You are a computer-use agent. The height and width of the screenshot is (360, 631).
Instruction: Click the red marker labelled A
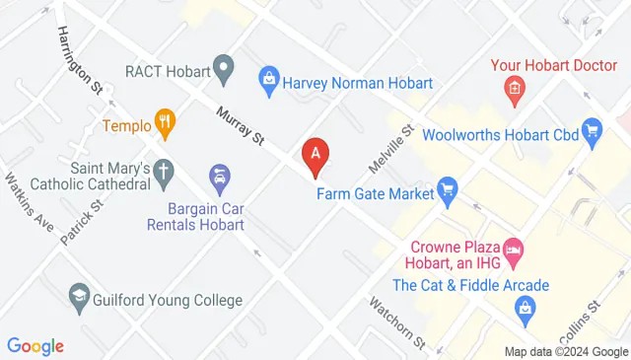coord(315,155)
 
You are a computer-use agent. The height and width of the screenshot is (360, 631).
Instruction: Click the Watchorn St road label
coord(397,323)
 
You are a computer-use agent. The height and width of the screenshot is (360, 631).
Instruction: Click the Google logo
coord(35,346)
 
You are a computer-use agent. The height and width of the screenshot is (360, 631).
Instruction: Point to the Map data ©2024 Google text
coord(566,352)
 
